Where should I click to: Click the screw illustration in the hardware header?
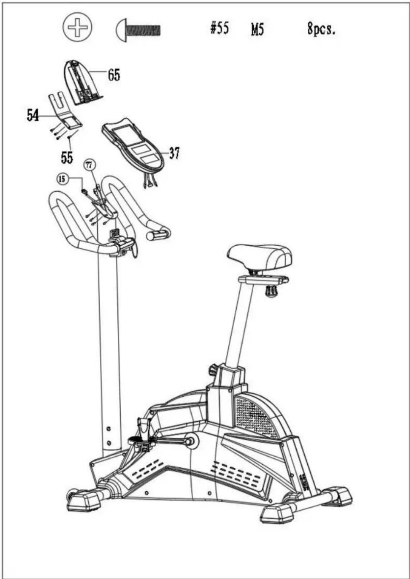click(x=138, y=30)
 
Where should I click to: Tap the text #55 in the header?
click(x=220, y=28)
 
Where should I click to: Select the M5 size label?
click(x=257, y=30)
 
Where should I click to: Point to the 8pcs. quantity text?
click(x=321, y=29)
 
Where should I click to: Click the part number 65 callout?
click(x=114, y=75)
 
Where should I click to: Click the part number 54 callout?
click(x=33, y=115)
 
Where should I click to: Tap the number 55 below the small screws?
click(x=67, y=157)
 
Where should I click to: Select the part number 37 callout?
click(x=174, y=154)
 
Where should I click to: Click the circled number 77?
click(x=89, y=165)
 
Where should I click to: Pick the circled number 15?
click(x=62, y=179)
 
